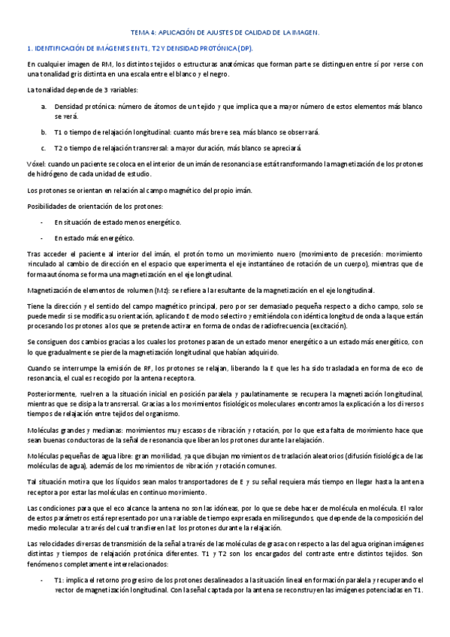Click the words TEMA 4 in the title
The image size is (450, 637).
click(143, 33)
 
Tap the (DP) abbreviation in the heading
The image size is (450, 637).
click(246, 49)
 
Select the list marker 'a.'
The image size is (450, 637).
click(44, 107)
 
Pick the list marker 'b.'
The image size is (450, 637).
click(44, 131)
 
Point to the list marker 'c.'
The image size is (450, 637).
click(44, 147)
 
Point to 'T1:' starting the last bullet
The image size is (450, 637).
click(60, 580)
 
